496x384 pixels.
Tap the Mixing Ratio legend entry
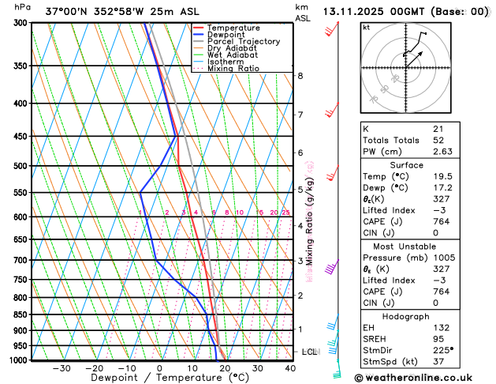pyautogui.click(x=233, y=69)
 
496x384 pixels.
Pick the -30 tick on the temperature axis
pyautogui.click(x=62, y=368)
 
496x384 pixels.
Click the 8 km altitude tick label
pyautogui.click(x=300, y=76)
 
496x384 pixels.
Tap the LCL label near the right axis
pyautogui.click(x=309, y=351)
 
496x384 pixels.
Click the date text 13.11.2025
pyautogui.click(x=356, y=12)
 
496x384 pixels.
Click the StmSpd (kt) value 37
pyautogui.click(x=438, y=363)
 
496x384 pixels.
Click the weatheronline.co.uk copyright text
pyautogui.click(x=419, y=378)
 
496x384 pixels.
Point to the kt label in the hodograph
pyautogui.click(x=366, y=27)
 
